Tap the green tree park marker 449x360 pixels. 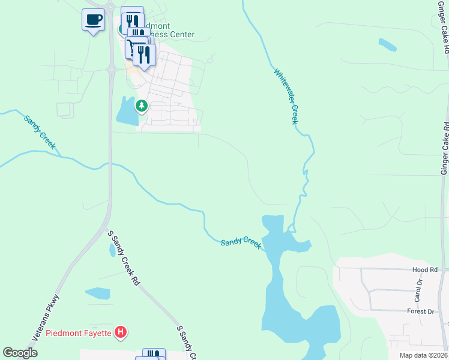click(x=142, y=106)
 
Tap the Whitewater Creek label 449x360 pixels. click(x=286, y=96)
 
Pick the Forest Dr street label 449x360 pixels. click(x=420, y=311)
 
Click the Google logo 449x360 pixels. click(x=20, y=353)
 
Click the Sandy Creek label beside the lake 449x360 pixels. click(x=241, y=242)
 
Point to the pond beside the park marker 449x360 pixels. click(x=127, y=112)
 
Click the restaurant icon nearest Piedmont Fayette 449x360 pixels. click(x=154, y=354)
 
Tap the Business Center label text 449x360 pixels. click(x=172, y=34)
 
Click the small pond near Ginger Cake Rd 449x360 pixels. click(x=387, y=44)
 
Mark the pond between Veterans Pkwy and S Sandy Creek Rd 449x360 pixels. click(x=97, y=293)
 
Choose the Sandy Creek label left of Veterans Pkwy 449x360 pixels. click(x=39, y=128)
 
